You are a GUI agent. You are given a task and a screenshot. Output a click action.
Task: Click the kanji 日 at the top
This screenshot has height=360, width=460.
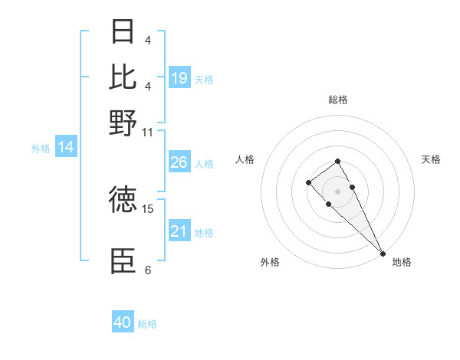pyautogui.click(x=123, y=34)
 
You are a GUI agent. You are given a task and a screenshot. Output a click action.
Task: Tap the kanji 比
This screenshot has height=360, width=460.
pyautogui.click(x=123, y=77)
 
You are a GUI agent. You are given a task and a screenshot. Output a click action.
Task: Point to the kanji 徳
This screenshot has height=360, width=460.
pyautogui.click(x=123, y=200)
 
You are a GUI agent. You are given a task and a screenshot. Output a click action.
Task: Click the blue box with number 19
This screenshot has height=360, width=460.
pyautogui.click(x=179, y=78)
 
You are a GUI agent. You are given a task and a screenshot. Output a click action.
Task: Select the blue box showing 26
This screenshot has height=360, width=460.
pyautogui.click(x=179, y=163)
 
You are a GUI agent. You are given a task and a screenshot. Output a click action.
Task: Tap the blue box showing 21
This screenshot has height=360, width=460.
pyautogui.click(x=179, y=231)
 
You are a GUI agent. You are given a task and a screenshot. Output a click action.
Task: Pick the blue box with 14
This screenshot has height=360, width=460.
pyautogui.click(x=65, y=148)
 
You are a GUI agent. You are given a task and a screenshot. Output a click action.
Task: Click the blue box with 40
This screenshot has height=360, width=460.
pyautogui.click(x=123, y=322)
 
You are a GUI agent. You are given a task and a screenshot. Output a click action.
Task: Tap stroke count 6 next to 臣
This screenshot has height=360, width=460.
pyautogui.click(x=147, y=270)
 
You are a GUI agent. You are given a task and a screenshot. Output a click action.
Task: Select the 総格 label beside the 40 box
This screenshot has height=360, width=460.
pyautogui.click(x=147, y=324)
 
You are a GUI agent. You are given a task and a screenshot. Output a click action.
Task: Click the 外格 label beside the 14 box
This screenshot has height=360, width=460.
pyautogui.click(x=40, y=149)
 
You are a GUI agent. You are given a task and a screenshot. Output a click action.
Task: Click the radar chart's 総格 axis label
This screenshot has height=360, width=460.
pyautogui.click(x=337, y=100)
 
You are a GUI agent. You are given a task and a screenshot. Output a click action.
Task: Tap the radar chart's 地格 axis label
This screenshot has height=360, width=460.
pyautogui.click(x=402, y=262)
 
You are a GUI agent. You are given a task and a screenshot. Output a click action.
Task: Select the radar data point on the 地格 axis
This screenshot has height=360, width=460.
pyautogui.click(x=383, y=254)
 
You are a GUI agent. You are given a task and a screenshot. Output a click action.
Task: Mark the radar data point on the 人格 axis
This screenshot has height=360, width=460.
pyautogui.click(x=308, y=182)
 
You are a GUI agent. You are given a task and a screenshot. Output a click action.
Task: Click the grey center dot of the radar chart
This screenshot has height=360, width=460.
pyautogui.click(x=337, y=191)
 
